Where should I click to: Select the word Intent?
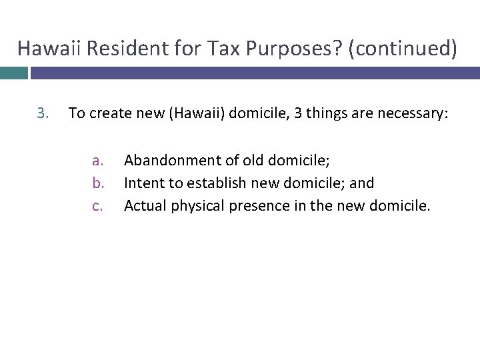[x=142, y=182]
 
